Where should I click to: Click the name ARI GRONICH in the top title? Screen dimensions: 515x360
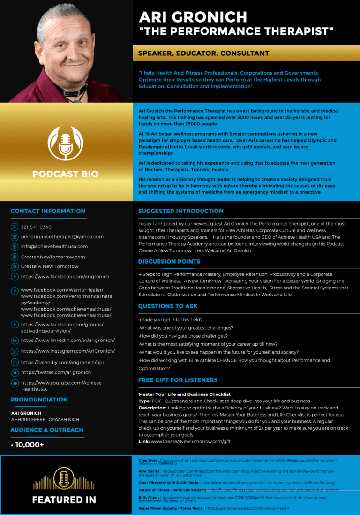[193, 17]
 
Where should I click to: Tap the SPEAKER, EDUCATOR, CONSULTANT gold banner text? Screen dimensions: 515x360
[203, 53]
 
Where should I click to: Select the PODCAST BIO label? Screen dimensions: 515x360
[66, 174]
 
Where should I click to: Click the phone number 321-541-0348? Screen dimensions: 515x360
[36, 227]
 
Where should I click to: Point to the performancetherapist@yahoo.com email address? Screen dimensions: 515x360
[62, 237]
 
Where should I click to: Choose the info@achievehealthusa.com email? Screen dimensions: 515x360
[54, 246]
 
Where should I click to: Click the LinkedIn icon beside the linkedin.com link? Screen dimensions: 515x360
[15, 340]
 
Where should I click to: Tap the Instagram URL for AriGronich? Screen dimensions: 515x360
[68, 351]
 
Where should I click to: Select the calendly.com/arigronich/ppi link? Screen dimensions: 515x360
[62, 362]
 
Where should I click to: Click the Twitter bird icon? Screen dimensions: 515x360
[15, 372]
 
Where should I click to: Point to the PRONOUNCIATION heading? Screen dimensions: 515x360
[39, 400]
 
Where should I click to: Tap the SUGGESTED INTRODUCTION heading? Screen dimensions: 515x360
[180, 211]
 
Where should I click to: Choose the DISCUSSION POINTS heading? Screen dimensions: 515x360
[169, 261]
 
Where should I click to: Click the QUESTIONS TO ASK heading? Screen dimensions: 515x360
[168, 306]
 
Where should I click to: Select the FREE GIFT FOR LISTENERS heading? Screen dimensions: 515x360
[178, 380]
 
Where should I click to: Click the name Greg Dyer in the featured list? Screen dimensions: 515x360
[148, 461]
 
